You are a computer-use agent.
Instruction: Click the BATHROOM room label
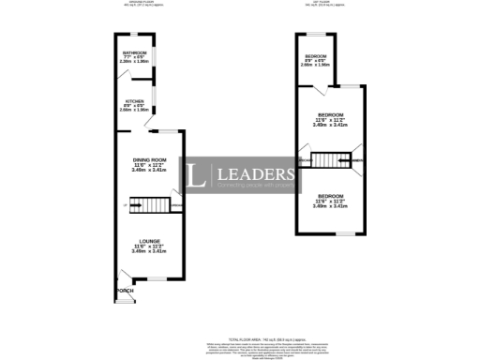(133, 54)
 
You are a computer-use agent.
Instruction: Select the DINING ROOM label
(150, 160)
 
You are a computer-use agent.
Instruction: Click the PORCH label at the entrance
(125, 292)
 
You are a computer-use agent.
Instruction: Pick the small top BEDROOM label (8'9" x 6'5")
(315, 56)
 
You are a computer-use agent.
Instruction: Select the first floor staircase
(328, 161)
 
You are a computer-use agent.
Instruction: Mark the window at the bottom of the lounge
(152, 278)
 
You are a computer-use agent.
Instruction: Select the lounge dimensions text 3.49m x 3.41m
(148, 251)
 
